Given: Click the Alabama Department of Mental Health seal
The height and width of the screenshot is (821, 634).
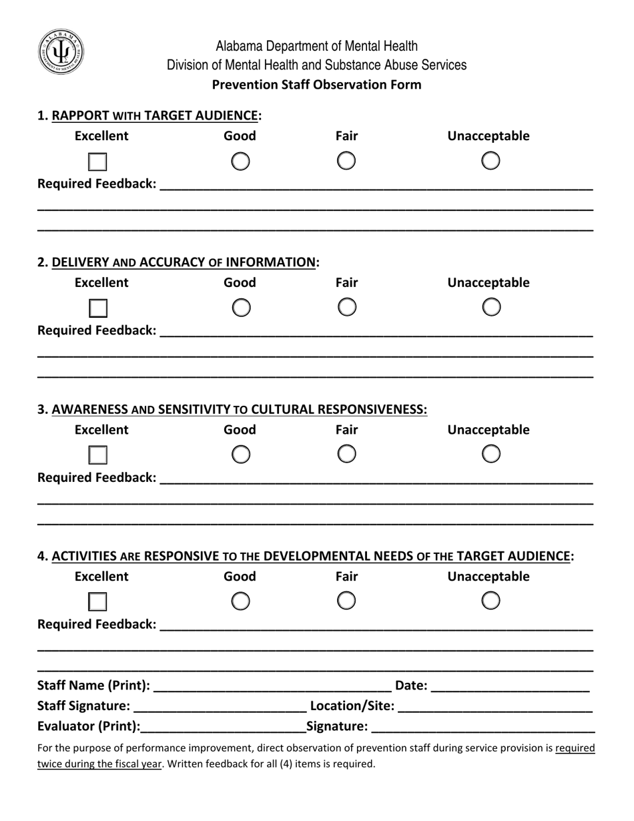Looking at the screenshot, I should click(61, 52).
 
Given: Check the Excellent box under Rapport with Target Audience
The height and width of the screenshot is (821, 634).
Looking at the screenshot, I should click(98, 162).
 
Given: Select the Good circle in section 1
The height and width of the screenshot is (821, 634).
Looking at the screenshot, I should click(240, 161).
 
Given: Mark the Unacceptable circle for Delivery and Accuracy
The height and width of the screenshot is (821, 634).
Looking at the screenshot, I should click(491, 307).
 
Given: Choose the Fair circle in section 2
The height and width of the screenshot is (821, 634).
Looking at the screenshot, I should click(346, 307).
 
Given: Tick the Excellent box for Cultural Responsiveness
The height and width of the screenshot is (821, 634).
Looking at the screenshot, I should click(98, 455).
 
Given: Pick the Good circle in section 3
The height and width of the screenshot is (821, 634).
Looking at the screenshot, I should click(240, 455).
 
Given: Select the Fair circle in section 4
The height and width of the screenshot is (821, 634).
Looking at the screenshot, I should click(346, 601).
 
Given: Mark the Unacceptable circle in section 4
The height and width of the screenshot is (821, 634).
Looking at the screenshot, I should click(491, 601).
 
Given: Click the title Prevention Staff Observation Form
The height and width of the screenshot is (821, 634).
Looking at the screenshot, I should click(316, 85).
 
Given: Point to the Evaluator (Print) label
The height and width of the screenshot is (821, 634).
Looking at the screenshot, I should click(89, 726).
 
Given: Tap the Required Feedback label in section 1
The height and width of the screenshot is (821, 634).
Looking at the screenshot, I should click(97, 184).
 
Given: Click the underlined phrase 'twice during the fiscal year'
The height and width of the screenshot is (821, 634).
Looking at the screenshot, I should click(99, 764).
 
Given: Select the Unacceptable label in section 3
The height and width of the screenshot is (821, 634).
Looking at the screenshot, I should click(488, 430).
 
